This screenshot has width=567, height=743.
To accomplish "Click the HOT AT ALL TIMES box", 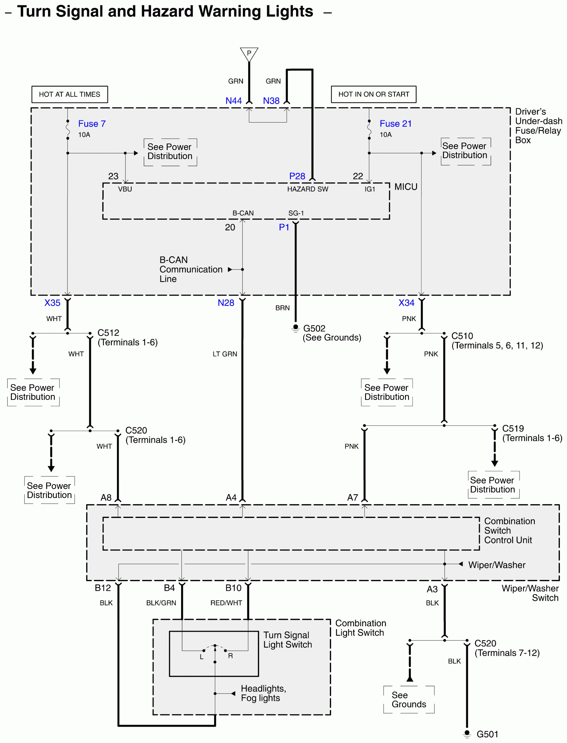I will (70, 94).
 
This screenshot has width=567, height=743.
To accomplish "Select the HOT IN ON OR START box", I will (374, 94).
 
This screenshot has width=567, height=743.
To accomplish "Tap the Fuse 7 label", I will (92, 124).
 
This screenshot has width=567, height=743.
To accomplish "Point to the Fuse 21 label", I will (395, 124).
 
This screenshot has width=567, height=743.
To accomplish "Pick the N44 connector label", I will (234, 101).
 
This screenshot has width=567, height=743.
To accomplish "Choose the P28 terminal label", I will (297, 176).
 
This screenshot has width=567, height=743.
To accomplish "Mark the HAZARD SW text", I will (307, 189).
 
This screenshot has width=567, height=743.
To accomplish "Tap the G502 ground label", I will (314, 328).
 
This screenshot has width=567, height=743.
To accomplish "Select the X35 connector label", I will (52, 303).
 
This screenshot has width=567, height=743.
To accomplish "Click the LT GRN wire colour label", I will (225, 354).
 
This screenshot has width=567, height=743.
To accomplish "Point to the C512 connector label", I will (108, 333).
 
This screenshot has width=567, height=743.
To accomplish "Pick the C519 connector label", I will (513, 429).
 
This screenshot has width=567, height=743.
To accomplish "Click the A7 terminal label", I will (353, 498).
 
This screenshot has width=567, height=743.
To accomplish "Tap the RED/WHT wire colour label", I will (226, 603).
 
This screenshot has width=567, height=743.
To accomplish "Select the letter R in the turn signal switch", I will (230, 656).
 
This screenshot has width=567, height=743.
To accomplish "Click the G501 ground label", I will (487, 734).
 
